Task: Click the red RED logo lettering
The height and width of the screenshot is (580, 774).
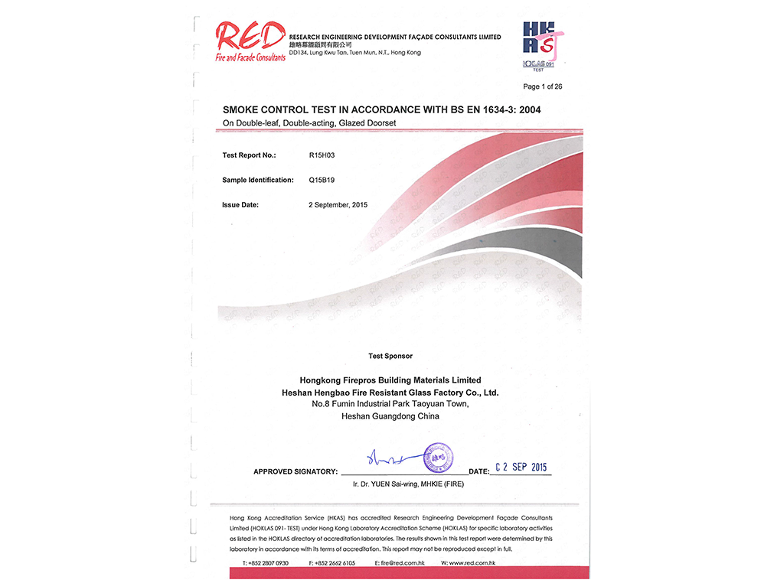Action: coord(249,36)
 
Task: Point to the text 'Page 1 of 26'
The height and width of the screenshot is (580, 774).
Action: coord(542,86)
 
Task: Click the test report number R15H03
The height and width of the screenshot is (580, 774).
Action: coord(322,155)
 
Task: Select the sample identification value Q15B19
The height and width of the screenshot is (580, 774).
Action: coord(322,180)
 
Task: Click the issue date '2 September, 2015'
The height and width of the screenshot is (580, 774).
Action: coord(338,205)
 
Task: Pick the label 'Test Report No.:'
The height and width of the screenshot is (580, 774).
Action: coord(249,155)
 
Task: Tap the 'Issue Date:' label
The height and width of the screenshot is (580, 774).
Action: coord(240,205)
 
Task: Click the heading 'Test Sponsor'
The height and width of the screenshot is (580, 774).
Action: coord(390,356)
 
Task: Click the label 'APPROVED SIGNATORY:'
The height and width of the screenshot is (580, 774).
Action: coord(295,472)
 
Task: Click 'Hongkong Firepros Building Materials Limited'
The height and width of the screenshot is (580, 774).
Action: coord(390,380)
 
